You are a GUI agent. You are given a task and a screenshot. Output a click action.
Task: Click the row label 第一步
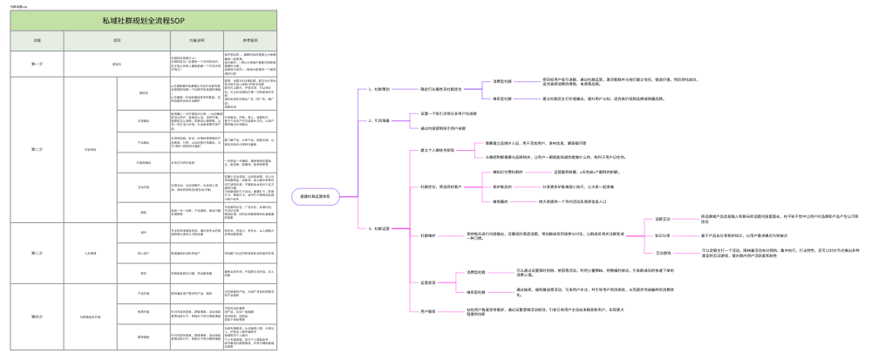pyautogui.click(x=37, y=65)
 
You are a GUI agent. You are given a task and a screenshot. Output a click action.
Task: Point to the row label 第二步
pyautogui.click(x=37, y=149)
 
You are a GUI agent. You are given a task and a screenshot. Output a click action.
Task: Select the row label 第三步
pyautogui.click(x=37, y=253)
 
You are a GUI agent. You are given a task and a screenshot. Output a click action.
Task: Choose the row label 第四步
pyautogui.click(x=37, y=316)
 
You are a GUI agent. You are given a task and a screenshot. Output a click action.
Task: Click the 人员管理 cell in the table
pyautogui.click(x=90, y=253)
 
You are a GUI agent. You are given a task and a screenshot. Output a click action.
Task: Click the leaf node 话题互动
pyautogui.click(x=664, y=220)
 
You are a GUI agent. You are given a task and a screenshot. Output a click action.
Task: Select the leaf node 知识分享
pyautogui.click(x=664, y=235)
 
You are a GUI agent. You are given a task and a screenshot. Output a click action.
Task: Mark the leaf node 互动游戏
pyautogui.click(x=664, y=253)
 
